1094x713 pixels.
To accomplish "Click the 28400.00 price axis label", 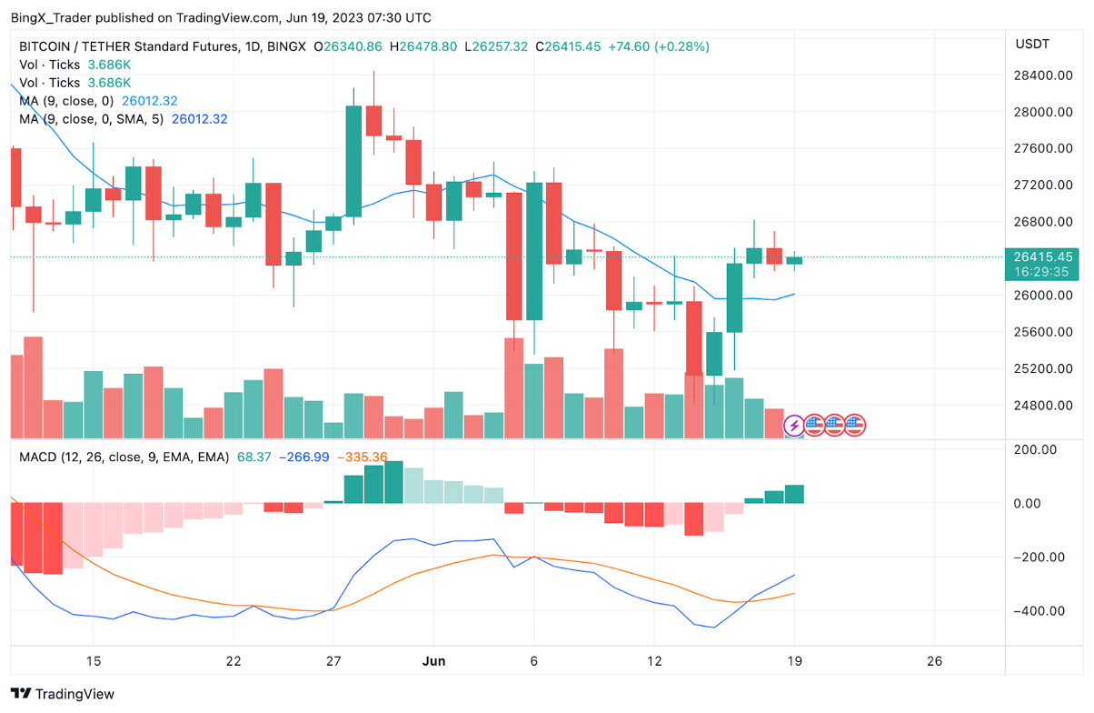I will (1043, 75).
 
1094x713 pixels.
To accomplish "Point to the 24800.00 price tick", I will (1043, 406).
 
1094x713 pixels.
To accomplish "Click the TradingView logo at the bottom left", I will (63, 694).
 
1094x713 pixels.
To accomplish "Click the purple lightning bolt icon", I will (793, 425).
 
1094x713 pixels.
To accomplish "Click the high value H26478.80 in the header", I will (423, 46).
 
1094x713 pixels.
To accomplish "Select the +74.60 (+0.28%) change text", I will (661, 46).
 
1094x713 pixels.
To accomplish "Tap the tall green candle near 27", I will (353, 160).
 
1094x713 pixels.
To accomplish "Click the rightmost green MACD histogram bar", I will (794, 494).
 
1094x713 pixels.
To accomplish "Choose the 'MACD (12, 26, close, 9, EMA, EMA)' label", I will (128, 457).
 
